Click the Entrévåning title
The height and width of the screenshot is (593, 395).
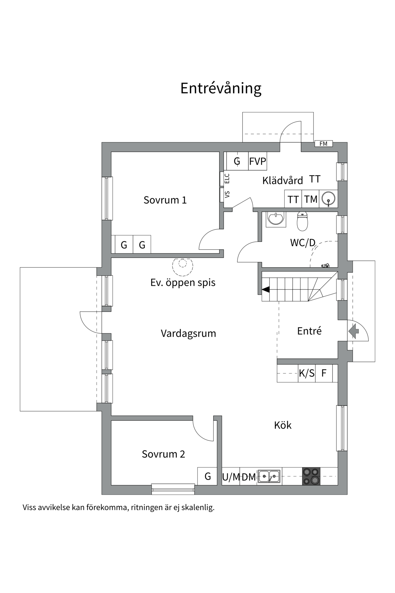(221, 88)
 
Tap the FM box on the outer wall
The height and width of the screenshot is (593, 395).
(323, 144)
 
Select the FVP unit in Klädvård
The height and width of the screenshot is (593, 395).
(258, 161)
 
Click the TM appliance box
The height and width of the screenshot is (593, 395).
(310, 199)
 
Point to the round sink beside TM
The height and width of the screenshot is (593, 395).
(328, 199)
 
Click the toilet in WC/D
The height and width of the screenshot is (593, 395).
(302, 221)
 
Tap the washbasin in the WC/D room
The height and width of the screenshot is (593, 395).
(275, 219)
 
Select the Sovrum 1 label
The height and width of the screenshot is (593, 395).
(165, 200)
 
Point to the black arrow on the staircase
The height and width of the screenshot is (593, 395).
(265, 289)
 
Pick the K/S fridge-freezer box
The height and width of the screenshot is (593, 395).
(306, 373)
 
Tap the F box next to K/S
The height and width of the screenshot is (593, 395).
(324, 373)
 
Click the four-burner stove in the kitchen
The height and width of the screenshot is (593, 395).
(311, 476)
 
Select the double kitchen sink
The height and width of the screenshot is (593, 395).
(269, 476)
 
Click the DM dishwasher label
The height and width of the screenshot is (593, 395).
(248, 477)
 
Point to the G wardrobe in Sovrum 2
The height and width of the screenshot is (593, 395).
(207, 476)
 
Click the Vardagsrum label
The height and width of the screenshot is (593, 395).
(188, 334)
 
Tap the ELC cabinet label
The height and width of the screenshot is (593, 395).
(227, 179)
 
